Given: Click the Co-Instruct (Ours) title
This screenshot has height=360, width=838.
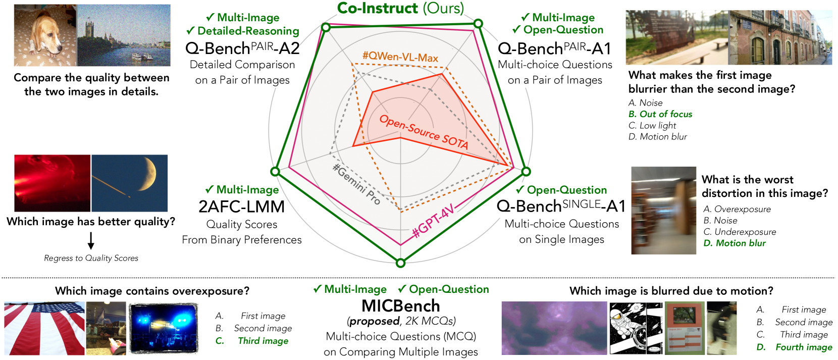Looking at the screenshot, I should tap(400, 8).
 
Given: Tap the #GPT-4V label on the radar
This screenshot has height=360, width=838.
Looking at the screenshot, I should tap(434, 222).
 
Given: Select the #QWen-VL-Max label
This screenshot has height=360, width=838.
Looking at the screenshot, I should tap(400, 57).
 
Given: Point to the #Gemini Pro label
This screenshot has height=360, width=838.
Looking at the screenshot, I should tap(356, 184).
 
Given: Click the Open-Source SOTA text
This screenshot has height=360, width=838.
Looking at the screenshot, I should tap(424, 132).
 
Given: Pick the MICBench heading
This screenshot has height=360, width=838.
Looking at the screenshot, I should tap(401, 306).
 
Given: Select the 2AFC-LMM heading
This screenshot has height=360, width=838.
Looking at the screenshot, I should tap(241, 207).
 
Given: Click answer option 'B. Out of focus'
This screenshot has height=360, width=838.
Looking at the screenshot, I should tap(660, 114).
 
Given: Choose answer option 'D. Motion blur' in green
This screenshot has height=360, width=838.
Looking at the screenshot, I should tap(735, 243).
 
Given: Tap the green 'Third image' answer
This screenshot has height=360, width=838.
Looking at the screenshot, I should tap(263, 341).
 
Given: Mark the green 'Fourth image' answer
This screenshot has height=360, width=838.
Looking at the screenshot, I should tap(804, 347).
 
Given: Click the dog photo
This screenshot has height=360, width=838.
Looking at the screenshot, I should tap(45, 35).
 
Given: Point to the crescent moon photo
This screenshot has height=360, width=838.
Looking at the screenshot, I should tap(130, 183).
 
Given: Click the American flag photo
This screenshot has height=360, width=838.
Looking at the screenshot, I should tap(44, 328).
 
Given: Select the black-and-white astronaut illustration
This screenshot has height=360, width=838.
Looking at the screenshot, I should tap(636, 328).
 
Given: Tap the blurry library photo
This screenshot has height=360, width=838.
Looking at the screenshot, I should tap(663, 211).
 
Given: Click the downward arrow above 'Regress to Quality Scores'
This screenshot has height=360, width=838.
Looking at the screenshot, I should tap(91, 241).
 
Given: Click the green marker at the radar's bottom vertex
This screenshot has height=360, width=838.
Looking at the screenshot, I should tap(401, 263).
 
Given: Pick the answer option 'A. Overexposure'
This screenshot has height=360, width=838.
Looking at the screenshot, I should tap(737, 209).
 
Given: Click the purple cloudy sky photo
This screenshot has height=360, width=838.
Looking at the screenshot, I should tap(554, 328).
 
